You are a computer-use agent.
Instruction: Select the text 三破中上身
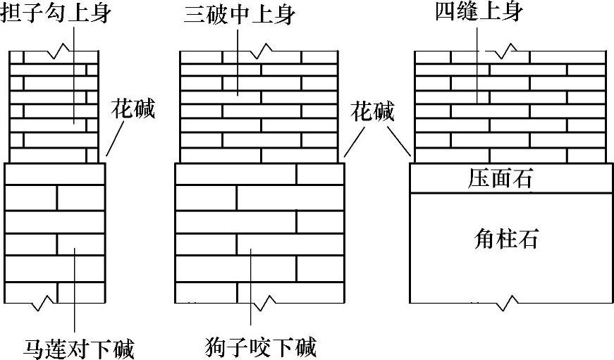pyautogui.click(x=233, y=13)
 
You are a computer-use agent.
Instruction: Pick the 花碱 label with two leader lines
pyautogui.click(x=373, y=111)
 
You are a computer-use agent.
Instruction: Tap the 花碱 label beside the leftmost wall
pyautogui.click(x=133, y=109)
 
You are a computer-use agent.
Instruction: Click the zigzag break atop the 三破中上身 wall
pyautogui.click(x=262, y=51)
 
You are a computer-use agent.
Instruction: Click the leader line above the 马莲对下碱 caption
pyautogui.click(x=75, y=296)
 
